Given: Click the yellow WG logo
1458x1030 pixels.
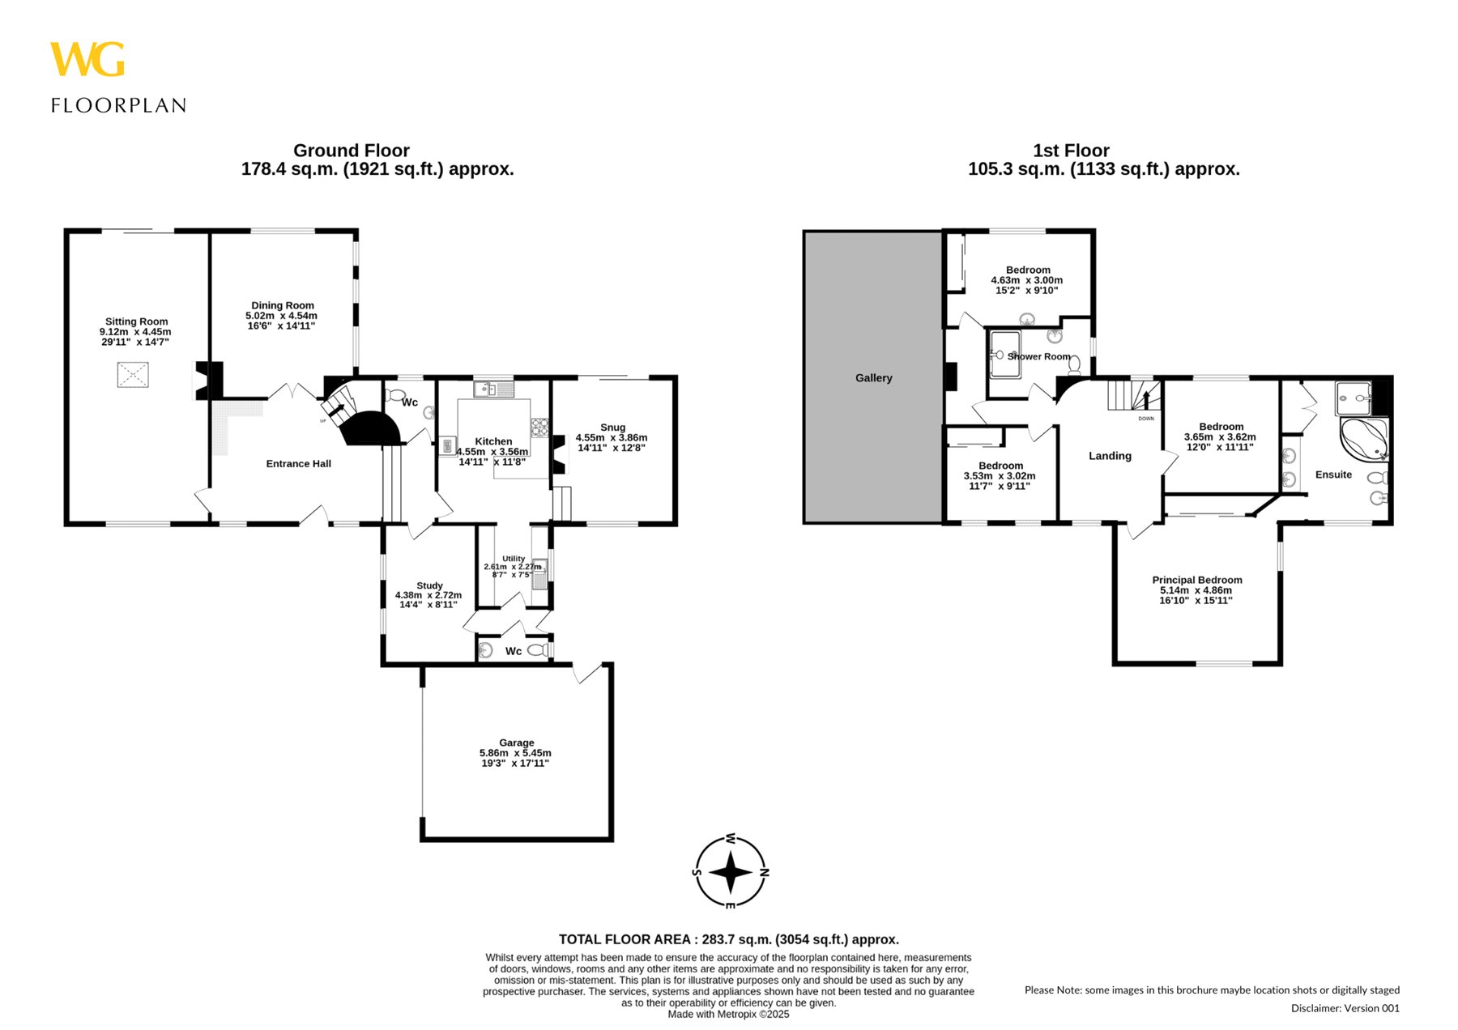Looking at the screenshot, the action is point(87,59).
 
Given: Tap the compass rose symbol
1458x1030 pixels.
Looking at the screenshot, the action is point(731,872).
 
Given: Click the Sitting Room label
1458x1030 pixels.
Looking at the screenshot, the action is point(136,321).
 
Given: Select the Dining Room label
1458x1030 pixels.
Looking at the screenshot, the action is point(282,305).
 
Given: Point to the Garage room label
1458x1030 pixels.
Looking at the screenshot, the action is point(516,743).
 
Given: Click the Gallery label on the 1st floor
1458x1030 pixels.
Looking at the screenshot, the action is point(873,378).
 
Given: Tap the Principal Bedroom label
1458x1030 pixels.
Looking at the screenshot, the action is point(1196,580).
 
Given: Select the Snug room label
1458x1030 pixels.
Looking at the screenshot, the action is point(612,428).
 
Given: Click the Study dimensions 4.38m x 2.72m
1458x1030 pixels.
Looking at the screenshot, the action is point(428,595).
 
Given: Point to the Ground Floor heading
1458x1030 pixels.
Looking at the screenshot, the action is point(351,151).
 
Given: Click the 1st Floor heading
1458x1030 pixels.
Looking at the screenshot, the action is point(1071,151).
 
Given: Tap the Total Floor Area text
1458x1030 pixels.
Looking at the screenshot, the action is point(729,939).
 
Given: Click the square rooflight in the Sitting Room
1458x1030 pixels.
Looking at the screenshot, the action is point(133,375).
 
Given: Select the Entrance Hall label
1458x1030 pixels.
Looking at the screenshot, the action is point(298,464).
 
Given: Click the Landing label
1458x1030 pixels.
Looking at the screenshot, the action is point(1110,456).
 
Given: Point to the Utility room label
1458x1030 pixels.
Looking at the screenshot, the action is point(514,559).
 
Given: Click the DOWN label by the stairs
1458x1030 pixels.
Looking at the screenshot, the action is point(1146,419).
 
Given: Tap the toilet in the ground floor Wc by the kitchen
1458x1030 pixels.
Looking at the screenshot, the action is point(395,396).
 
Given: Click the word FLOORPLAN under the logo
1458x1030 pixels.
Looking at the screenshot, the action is point(119,105).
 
